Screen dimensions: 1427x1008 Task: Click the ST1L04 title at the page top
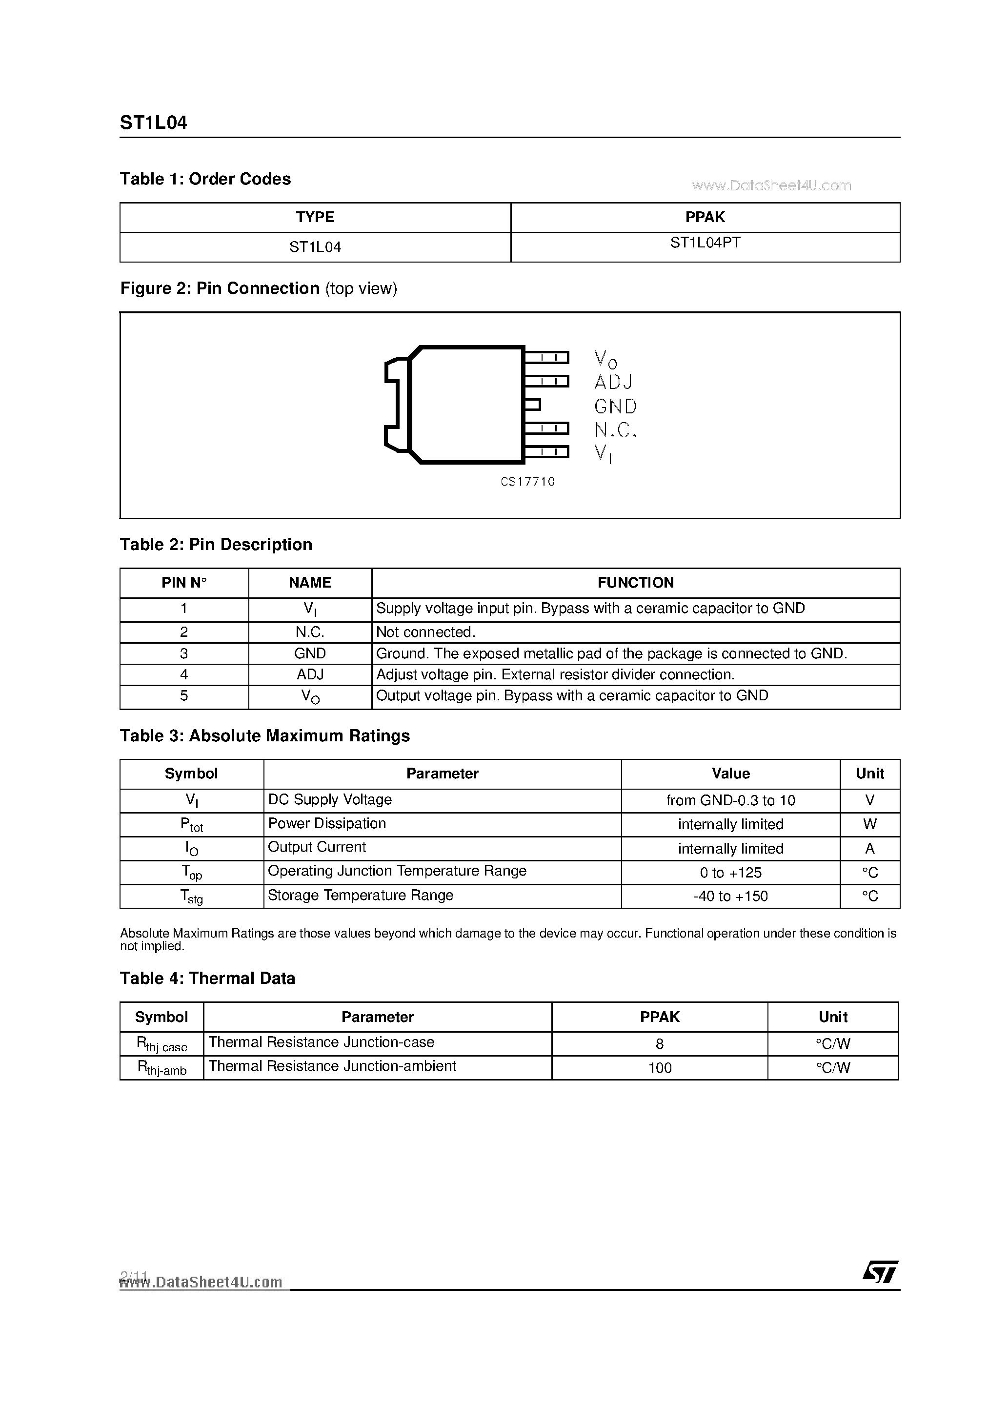(x=153, y=122)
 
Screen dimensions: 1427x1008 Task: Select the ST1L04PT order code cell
(x=705, y=243)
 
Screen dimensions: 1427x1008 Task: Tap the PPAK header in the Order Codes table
(x=705, y=217)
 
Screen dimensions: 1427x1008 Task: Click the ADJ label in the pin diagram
(x=613, y=382)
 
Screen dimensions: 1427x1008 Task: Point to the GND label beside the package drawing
(x=615, y=407)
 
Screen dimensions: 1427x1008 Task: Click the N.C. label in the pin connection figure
(x=615, y=430)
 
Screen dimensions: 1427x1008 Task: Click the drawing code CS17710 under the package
(x=527, y=482)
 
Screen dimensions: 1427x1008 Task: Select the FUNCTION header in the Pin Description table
(x=635, y=582)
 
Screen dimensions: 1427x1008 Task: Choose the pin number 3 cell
(x=184, y=653)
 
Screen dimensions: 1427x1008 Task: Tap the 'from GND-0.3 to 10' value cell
(x=730, y=800)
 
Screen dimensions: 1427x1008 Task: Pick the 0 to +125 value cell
(x=730, y=873)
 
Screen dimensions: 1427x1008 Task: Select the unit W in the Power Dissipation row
(x=869, y=824)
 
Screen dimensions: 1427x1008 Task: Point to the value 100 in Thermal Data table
(x=659, y=1068)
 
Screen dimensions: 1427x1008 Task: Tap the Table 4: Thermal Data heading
(x=207, y=979)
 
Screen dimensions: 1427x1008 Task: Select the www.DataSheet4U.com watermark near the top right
(x=770, y=185)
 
